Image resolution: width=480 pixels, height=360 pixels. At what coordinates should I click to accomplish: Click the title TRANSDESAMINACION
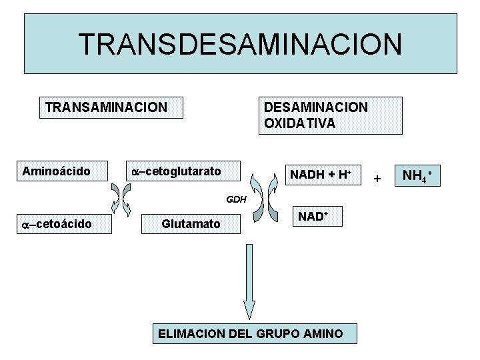240,44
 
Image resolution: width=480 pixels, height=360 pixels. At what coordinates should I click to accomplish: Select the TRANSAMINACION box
106,107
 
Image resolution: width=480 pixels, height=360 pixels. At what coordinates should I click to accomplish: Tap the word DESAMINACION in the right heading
315,107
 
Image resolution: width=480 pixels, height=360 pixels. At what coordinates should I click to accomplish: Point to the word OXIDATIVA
300,124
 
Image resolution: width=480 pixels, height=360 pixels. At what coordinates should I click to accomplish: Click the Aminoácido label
56,171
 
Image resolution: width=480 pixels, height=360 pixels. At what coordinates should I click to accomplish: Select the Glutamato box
191,224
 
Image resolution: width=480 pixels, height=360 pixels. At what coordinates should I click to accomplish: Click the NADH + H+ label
320,175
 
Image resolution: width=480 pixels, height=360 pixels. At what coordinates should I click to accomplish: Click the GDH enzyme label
237,199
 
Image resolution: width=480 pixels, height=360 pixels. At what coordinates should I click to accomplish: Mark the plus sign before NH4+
377,179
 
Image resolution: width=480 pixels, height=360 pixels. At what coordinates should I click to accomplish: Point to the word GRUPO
278,333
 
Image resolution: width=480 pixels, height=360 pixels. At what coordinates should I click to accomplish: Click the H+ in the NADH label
344,175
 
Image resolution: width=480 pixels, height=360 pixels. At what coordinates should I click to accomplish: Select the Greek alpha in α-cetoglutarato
135,172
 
